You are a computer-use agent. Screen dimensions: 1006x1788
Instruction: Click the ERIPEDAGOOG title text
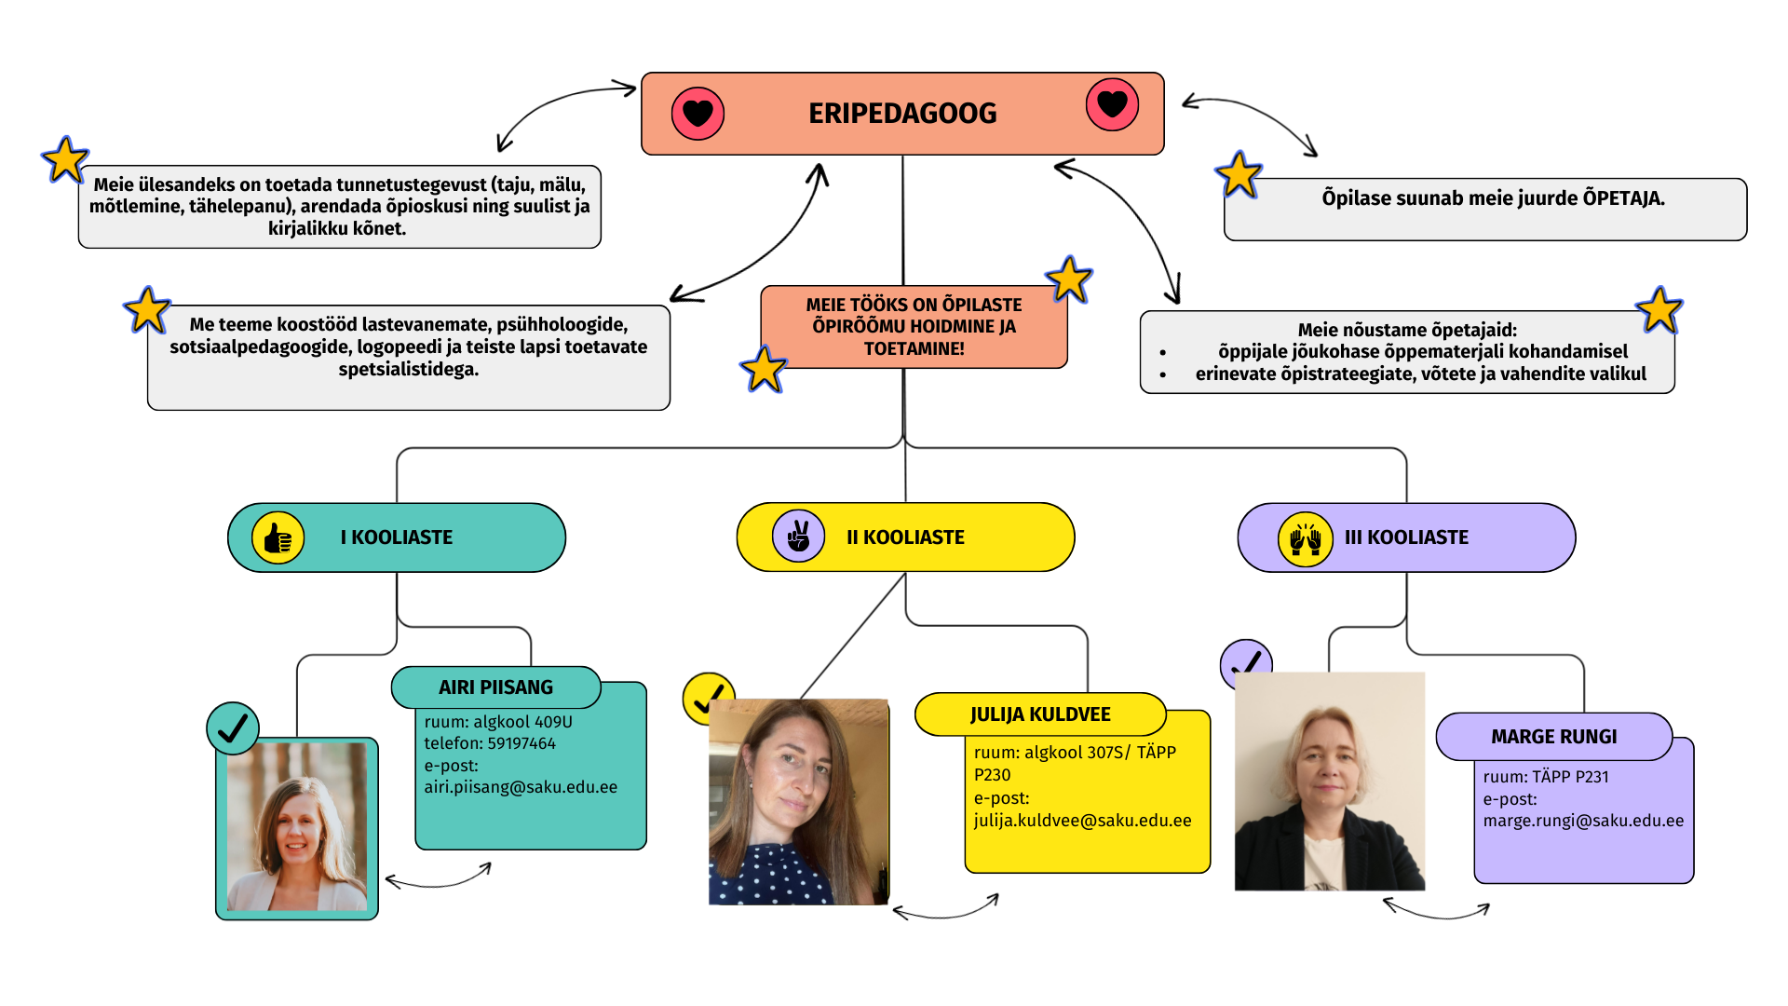point(901,114)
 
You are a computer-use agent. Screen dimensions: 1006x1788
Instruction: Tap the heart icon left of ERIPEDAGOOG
point(698,114)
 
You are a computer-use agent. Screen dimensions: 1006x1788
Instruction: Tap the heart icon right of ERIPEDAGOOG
point(1112,104)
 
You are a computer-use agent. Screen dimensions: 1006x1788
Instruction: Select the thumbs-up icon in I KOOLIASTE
point(278,538)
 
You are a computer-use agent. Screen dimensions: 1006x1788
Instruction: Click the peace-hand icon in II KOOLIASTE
point(798,537)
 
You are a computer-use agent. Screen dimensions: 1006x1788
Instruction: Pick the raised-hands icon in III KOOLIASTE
point(1305,539)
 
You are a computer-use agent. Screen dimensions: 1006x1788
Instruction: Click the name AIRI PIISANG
point(495,687)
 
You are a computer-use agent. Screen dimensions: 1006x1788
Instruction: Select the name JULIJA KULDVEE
point(1040,714)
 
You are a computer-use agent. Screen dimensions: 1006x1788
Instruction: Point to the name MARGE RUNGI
point(1553,737)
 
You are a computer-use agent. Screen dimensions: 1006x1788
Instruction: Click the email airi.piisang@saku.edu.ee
point(521,787)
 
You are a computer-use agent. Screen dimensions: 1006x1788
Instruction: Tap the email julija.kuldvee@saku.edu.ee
point(1082,821)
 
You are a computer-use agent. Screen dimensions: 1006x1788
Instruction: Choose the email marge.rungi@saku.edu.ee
point(1583,821)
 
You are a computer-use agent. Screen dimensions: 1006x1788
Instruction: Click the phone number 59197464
point(521,743)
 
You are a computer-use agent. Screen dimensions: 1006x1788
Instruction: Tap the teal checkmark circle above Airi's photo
point(233,728)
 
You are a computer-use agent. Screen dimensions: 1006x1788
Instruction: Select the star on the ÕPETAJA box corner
point(1239,174)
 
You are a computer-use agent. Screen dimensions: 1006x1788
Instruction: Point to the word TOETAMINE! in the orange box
point(914,348)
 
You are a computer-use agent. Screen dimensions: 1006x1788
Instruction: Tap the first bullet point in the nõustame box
point(1163,353)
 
